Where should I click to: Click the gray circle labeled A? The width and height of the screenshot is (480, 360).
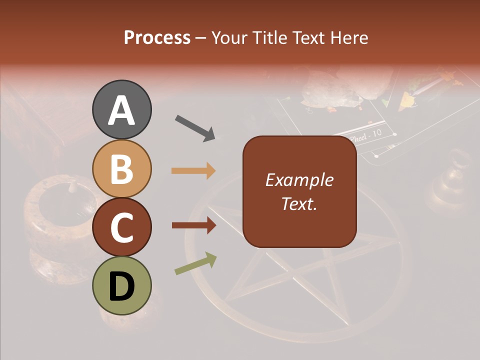coord(121,109)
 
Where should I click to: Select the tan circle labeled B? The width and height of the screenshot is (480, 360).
coord(121,168)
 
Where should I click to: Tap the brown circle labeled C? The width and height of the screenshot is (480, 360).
coord(121,227)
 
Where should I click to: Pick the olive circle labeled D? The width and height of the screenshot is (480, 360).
coord(121,285)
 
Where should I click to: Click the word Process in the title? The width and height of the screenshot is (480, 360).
coord(157,37)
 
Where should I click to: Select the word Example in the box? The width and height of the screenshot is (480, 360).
coord(299,180)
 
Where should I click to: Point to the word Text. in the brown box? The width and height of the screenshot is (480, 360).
coord(299,203)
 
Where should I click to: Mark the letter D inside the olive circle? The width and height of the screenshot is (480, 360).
coord(121,286)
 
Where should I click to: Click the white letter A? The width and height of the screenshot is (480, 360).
coord(121,110)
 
